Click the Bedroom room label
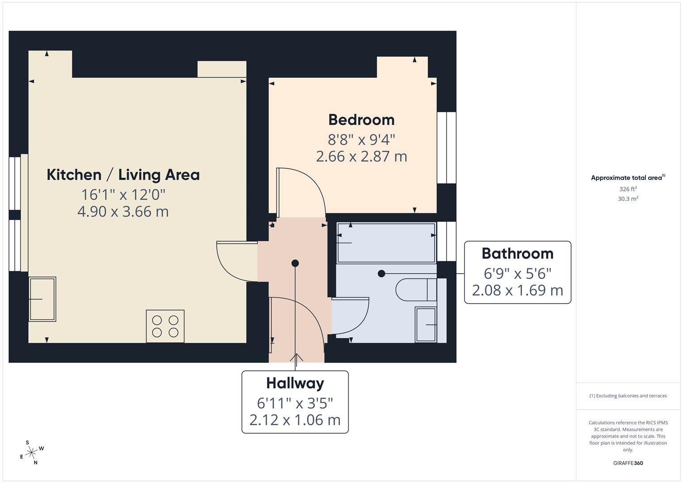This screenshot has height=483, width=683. pyautogui.click(x=361, y=120)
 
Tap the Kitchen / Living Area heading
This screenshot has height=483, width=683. pyautogui.click(x=123, y=175)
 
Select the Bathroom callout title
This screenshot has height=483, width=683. pyautogui.click(x=518, y=254)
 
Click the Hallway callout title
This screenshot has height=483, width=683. pyautogui.click(x=295, y=383)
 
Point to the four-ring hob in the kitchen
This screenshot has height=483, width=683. pyautogui.click(x=165, y=326)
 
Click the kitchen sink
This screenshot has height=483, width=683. pyautogui.click(x=42, y=299)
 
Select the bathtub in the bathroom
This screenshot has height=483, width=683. pyautogui.click(x=386, y=242)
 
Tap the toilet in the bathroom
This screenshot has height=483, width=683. pyautogui.click(x=416, y=289)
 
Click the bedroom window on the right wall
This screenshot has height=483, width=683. pyautogui.click(x=446, y=148)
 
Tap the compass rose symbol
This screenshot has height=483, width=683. pyautogui.click(x=31, y=453)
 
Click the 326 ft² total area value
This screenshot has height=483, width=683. pyautogui.click(x=628, y=189)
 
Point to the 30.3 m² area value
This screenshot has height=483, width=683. pyautogui.click(x=628, y=199)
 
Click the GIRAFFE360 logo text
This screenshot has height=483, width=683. pyautogui.click(x=628, y=463)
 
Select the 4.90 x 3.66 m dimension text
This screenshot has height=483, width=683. pyautogui.click(x=123, y=211)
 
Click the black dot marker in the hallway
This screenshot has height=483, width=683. pyautogui.click(x=295, y=263)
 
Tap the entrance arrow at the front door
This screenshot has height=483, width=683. pyautogui.click(x=296, y=358)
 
